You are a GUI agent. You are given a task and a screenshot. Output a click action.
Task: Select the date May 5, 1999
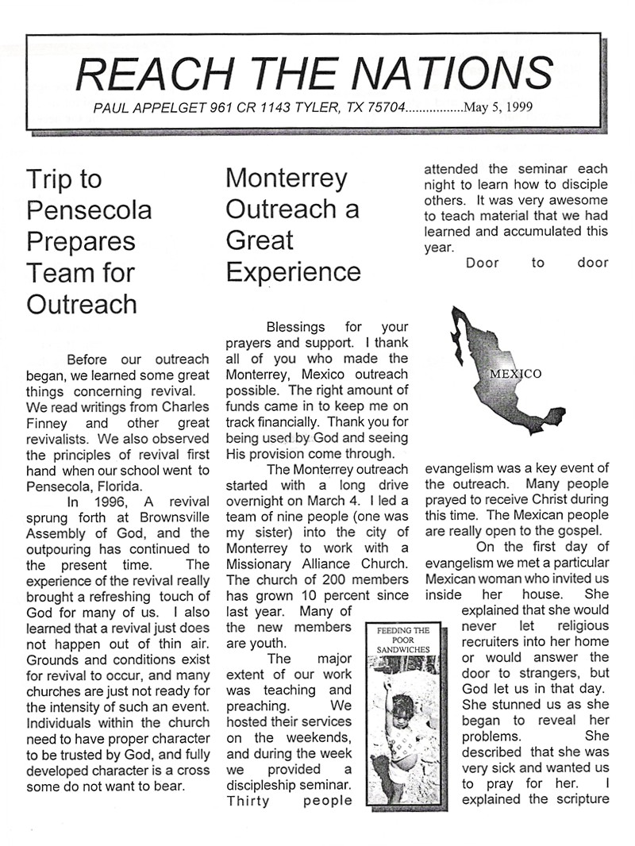point(498,106)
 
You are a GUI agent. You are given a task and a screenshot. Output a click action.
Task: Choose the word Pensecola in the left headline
point(89,210)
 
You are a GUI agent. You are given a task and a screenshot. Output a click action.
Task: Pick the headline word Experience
point(293,271)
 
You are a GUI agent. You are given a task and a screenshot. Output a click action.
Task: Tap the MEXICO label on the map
point(516,374)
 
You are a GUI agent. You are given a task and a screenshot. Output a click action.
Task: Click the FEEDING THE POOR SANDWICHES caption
point(403,640)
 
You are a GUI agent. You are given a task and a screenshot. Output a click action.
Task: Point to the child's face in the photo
point(403,706)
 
